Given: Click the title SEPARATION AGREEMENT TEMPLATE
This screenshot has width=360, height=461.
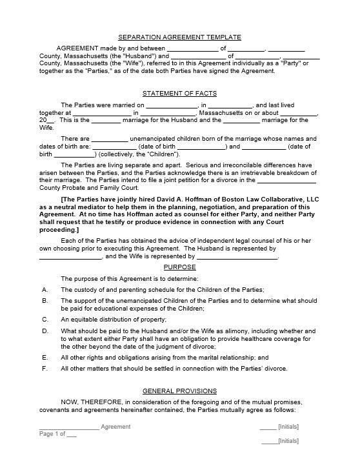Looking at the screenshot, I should click(x=179, y=37).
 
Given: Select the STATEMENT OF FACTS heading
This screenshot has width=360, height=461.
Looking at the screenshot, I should click(x=179, y=94).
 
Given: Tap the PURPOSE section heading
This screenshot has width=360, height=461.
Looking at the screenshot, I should click(x=179, y=267).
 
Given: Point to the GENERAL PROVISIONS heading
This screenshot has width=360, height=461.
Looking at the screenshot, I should click(x=179, y=391).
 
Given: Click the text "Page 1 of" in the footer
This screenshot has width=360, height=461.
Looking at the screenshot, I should click(x=52, y=434).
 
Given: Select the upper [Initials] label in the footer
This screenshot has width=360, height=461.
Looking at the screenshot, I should click(x=288, y=427).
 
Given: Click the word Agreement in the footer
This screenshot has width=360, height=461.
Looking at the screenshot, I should click(x=115, y=427).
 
